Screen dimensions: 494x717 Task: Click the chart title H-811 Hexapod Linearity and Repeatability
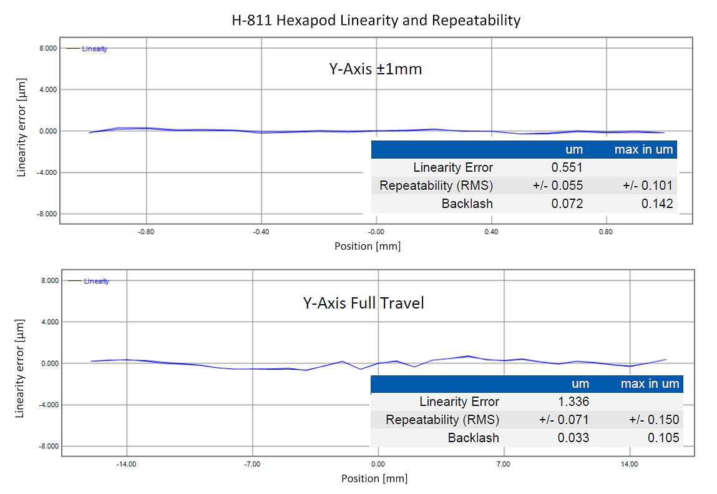[374, 21]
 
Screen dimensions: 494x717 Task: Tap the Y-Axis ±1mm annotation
[376, 69]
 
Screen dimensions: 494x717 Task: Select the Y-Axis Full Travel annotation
[363, 304]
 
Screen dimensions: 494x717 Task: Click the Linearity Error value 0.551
[567, 167]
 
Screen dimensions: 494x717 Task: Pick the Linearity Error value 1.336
[573, 402]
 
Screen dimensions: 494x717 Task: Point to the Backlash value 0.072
[567, 204]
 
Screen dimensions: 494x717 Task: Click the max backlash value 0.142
[657, 204]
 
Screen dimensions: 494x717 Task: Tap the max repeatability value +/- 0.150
[653, 420]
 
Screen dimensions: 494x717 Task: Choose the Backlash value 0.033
[573, 438]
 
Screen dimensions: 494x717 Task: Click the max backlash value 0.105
[663, 438]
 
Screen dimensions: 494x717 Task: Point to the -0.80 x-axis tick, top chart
[146, 232]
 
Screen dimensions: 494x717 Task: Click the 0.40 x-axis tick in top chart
[492, 232]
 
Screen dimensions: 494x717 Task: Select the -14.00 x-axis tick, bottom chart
[127, 465]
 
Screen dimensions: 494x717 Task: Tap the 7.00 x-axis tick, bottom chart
[503, 465]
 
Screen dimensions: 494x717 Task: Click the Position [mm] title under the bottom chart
[374, 479]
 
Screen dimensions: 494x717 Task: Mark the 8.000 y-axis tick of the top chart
[48, 48]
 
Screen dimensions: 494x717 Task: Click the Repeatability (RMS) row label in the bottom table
[442, 420]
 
